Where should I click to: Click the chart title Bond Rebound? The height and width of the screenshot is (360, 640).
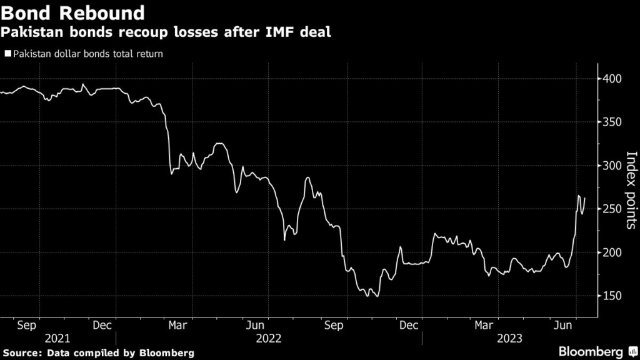pos(73,12)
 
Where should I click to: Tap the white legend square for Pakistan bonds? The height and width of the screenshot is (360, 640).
pos(7,54)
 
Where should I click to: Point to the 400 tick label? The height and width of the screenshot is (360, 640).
pos(612,79)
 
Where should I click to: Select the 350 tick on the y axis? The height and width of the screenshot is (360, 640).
pos(612,122)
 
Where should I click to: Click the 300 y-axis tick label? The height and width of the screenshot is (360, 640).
pos(612,166)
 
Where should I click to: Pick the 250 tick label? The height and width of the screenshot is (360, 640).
pos(612,209)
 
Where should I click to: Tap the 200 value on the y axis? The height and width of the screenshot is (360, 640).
pos(612,252)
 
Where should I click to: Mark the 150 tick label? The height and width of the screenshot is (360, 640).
pos(612,296)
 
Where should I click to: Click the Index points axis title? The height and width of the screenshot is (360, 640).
pos(631,191)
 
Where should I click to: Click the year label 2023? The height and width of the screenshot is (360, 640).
pos(509,338)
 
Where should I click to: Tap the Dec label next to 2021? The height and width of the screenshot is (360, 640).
pos(102,325)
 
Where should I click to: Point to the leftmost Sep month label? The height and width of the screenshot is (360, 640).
pos(27,325)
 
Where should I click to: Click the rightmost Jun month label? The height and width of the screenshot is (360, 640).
pos(564,325)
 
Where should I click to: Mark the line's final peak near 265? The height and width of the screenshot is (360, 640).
pos(578,196)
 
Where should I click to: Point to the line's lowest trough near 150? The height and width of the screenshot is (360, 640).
pos(376,296)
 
